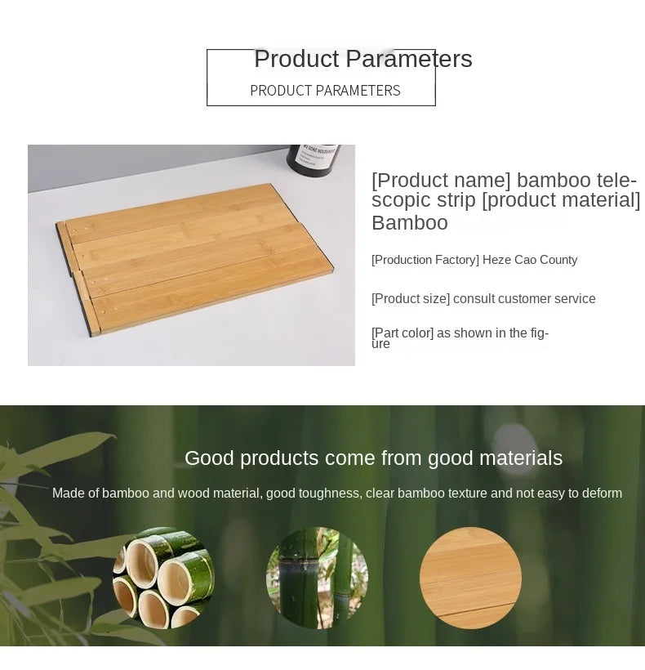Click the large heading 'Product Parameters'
click(x=363, y=59)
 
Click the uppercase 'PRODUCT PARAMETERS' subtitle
click(x=325, y=91)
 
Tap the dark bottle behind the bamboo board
click(x=314, y=160)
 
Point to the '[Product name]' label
click(x=441, y=180)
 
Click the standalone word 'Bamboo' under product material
click(x=410, y=223)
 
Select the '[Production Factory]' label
click(x=425, y=260)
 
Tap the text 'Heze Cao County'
click(x=530, y=260)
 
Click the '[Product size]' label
click(x=411, y=299)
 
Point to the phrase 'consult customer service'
click(x=524, y=299)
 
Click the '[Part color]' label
click(x=403, y=333)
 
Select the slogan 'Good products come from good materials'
click(x=373, y=458)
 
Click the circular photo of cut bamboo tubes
click(x=163, y=578)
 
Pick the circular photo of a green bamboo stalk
click(x=317, y=578)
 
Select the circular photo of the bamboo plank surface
click(x=470, y=578)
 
